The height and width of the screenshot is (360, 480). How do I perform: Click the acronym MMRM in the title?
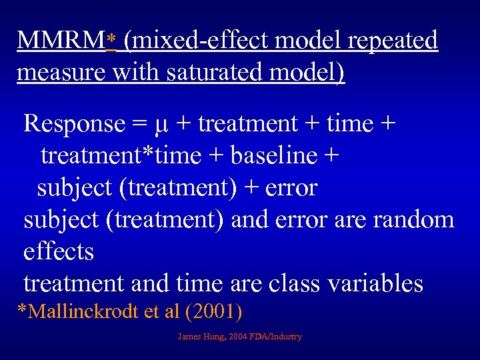pyautogui.click(x=61, y=40)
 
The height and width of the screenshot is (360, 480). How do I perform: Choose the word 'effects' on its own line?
pyautogui.click(x=59, y=252)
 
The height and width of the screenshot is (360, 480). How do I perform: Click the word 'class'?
pyautogui.click(x=290, y=284)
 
